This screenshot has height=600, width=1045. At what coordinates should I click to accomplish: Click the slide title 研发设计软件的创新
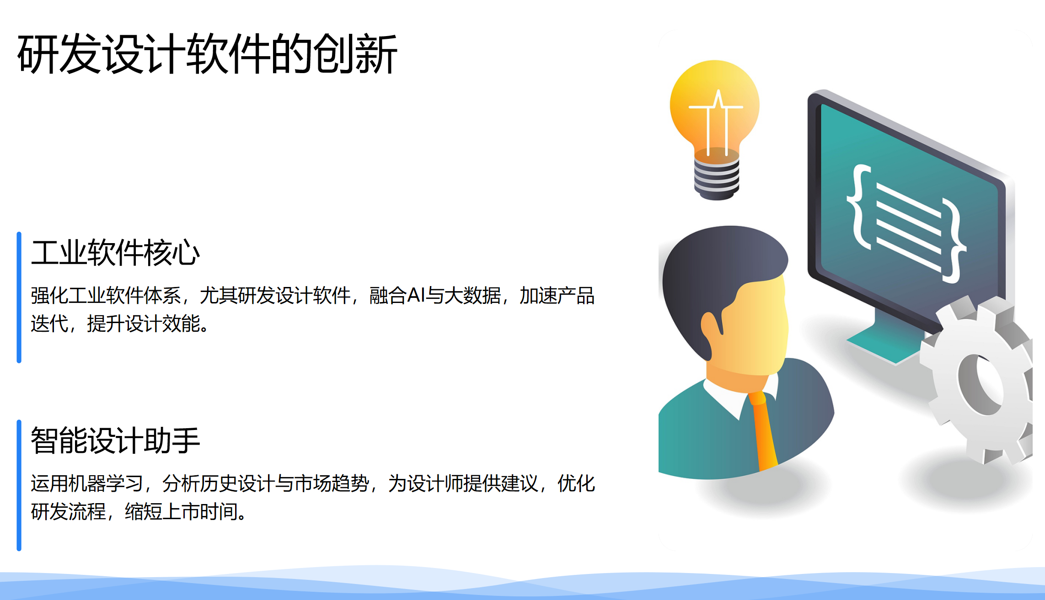207,54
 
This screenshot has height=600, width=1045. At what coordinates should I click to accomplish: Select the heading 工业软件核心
115,253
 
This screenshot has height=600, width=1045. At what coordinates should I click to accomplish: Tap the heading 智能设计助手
115,441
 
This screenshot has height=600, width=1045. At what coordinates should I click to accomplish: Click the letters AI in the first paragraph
416,296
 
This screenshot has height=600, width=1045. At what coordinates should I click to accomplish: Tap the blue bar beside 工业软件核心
19,297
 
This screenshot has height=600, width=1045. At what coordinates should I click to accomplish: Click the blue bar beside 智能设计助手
19,485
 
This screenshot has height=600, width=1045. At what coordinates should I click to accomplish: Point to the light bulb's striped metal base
716,178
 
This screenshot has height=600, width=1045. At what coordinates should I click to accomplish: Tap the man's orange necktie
764,430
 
